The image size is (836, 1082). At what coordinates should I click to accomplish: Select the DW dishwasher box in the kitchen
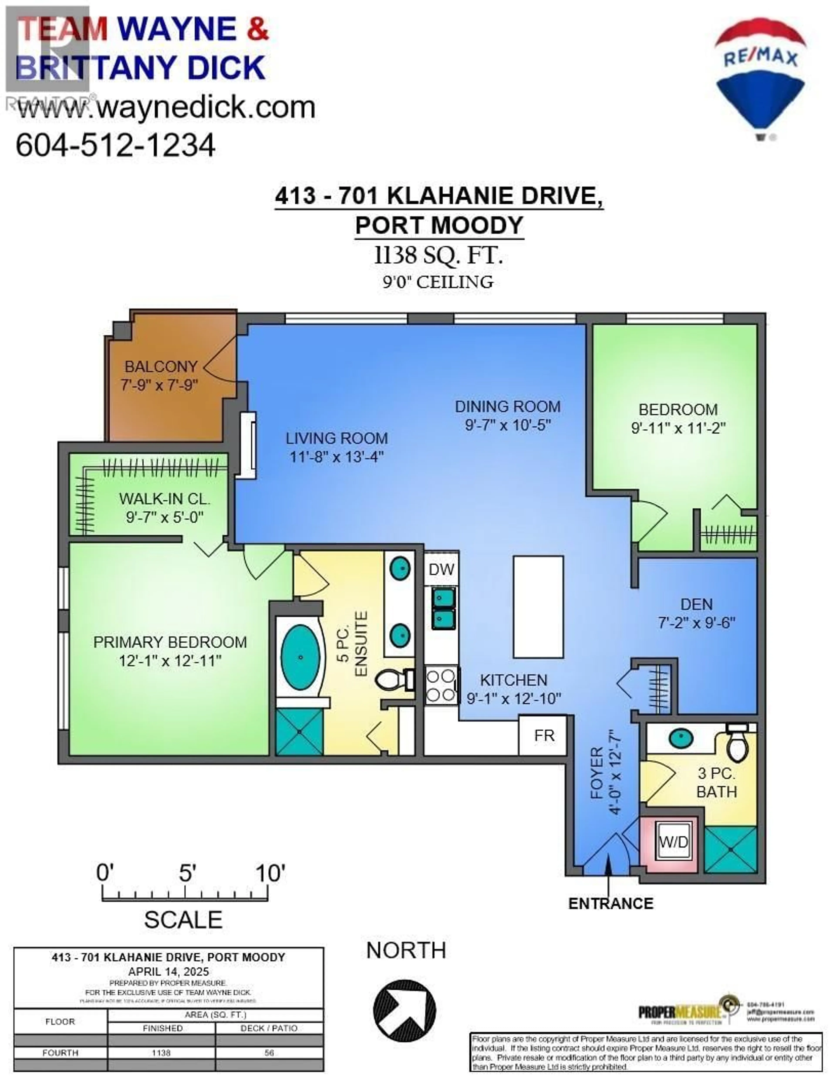point(441,569)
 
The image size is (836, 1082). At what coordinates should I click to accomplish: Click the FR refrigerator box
point(544,736)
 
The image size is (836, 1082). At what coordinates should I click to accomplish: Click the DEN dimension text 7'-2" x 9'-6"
point(696,623)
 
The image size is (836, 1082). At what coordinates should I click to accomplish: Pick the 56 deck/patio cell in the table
point(269,1053)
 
